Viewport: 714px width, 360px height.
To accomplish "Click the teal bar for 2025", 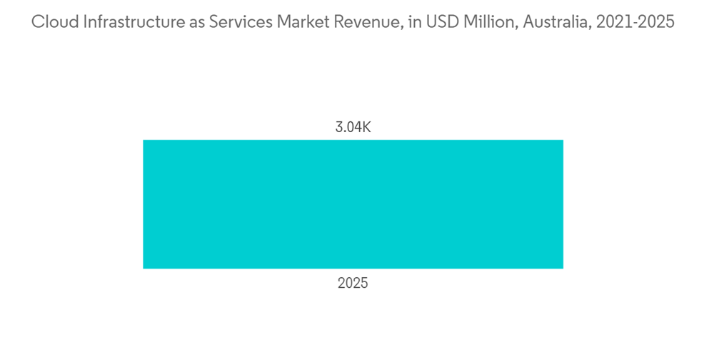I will [353, 204].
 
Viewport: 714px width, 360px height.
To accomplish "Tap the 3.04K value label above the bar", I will [353, 129].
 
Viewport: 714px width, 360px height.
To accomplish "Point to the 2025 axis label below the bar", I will [353, 284].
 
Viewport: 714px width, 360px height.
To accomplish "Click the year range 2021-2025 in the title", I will [628, 23].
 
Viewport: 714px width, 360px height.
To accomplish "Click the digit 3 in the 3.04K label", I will [339, 129].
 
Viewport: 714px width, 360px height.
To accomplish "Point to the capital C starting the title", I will [37, 23].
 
